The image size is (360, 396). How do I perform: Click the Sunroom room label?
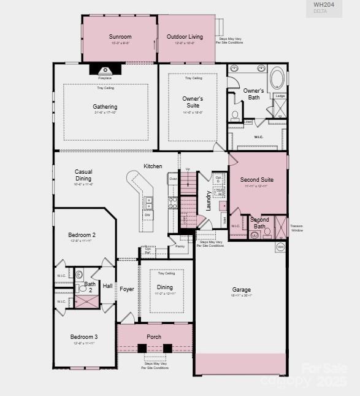[120, 37]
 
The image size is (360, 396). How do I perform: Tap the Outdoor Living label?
[185, 37]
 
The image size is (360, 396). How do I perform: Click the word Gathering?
[105, 107]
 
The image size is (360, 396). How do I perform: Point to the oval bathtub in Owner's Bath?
[277, 79]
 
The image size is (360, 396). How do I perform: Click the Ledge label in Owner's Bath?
[280, 96]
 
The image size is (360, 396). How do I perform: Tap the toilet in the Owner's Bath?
[235, 115]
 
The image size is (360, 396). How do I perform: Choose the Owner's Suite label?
[193, 102]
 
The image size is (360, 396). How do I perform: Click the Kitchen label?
[153, 166]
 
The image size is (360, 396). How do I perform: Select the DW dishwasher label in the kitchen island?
[147, 215]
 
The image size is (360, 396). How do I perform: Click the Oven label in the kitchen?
[173, 179]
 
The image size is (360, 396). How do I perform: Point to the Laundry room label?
[209, 201]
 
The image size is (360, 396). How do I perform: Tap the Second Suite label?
[257, 180]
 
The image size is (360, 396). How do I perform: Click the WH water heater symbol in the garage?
[280, 247]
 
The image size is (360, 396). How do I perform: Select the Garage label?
[241, 290]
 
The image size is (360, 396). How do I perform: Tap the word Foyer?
[127, 289]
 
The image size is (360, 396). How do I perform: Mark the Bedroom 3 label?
[83, 337]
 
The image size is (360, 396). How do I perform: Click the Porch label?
[154, 337]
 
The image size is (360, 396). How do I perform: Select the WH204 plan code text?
[323, 4]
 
